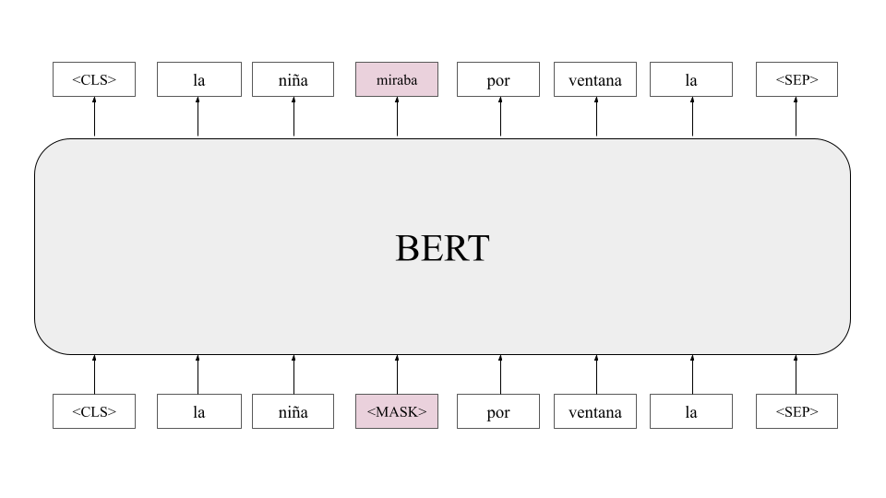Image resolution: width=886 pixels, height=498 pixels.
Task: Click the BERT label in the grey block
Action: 442,248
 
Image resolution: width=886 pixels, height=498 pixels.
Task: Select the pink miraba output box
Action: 397,80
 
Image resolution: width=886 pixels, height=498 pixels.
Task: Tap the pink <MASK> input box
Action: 397,412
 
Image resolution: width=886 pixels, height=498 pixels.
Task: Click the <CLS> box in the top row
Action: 94,80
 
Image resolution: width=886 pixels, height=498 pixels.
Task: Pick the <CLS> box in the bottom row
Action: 94,412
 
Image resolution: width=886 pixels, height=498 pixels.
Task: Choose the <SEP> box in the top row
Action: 796,80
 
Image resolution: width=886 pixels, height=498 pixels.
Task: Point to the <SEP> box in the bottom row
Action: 796,412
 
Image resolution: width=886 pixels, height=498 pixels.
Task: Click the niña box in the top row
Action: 293,80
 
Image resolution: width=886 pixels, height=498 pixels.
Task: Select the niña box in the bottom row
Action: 293,412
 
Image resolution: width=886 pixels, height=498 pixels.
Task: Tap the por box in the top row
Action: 498,80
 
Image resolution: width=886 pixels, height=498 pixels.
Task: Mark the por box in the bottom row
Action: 498,412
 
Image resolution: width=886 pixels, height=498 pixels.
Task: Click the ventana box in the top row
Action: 595,80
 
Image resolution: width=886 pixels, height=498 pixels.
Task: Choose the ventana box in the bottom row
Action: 595,412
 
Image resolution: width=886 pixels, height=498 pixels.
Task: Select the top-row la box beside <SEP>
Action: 691,80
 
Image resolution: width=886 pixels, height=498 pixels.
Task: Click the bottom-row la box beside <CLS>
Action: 198,412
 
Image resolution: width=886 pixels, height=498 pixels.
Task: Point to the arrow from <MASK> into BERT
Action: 398,374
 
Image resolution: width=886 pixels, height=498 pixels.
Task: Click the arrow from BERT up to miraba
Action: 398,117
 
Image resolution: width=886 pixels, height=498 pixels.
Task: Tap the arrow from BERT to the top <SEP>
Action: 796,117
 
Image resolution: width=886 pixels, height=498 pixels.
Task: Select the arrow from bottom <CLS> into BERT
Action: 94,374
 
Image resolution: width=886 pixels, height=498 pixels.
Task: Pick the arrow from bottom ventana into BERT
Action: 596,374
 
